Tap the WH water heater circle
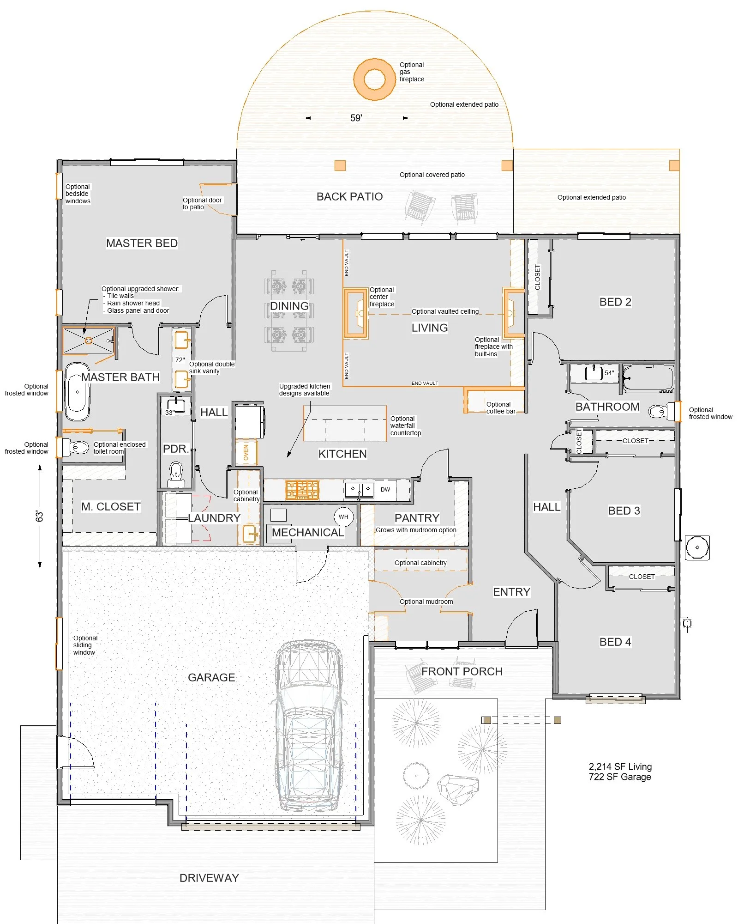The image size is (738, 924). click(x=343, y=517)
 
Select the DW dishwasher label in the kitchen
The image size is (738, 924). click(x=385, y=490)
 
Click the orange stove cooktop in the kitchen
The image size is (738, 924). click(x=302, y=490)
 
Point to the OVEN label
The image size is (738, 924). click(x=246, y=452)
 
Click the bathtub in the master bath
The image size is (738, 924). click(x=77, y=392)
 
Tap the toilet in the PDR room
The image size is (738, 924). click(x=176, y=474)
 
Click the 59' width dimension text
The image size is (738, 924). click(x=356, y=118)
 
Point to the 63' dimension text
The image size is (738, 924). click(x=40, y=516)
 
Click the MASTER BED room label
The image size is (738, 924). click(x=142, y=243)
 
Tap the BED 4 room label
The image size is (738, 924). click(x=615, y=642)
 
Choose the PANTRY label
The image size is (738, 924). click(x=417, y=518)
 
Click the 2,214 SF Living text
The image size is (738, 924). click(x=620, y=766)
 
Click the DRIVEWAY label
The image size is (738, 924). click(x=209, y=878)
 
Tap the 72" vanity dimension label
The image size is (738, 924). click(x=180, y=360)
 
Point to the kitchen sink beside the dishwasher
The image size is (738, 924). click(x=359, y=490)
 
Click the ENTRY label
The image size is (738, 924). click(x=511, y=592)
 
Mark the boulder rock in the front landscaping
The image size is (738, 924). click(x=458, y=789)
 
